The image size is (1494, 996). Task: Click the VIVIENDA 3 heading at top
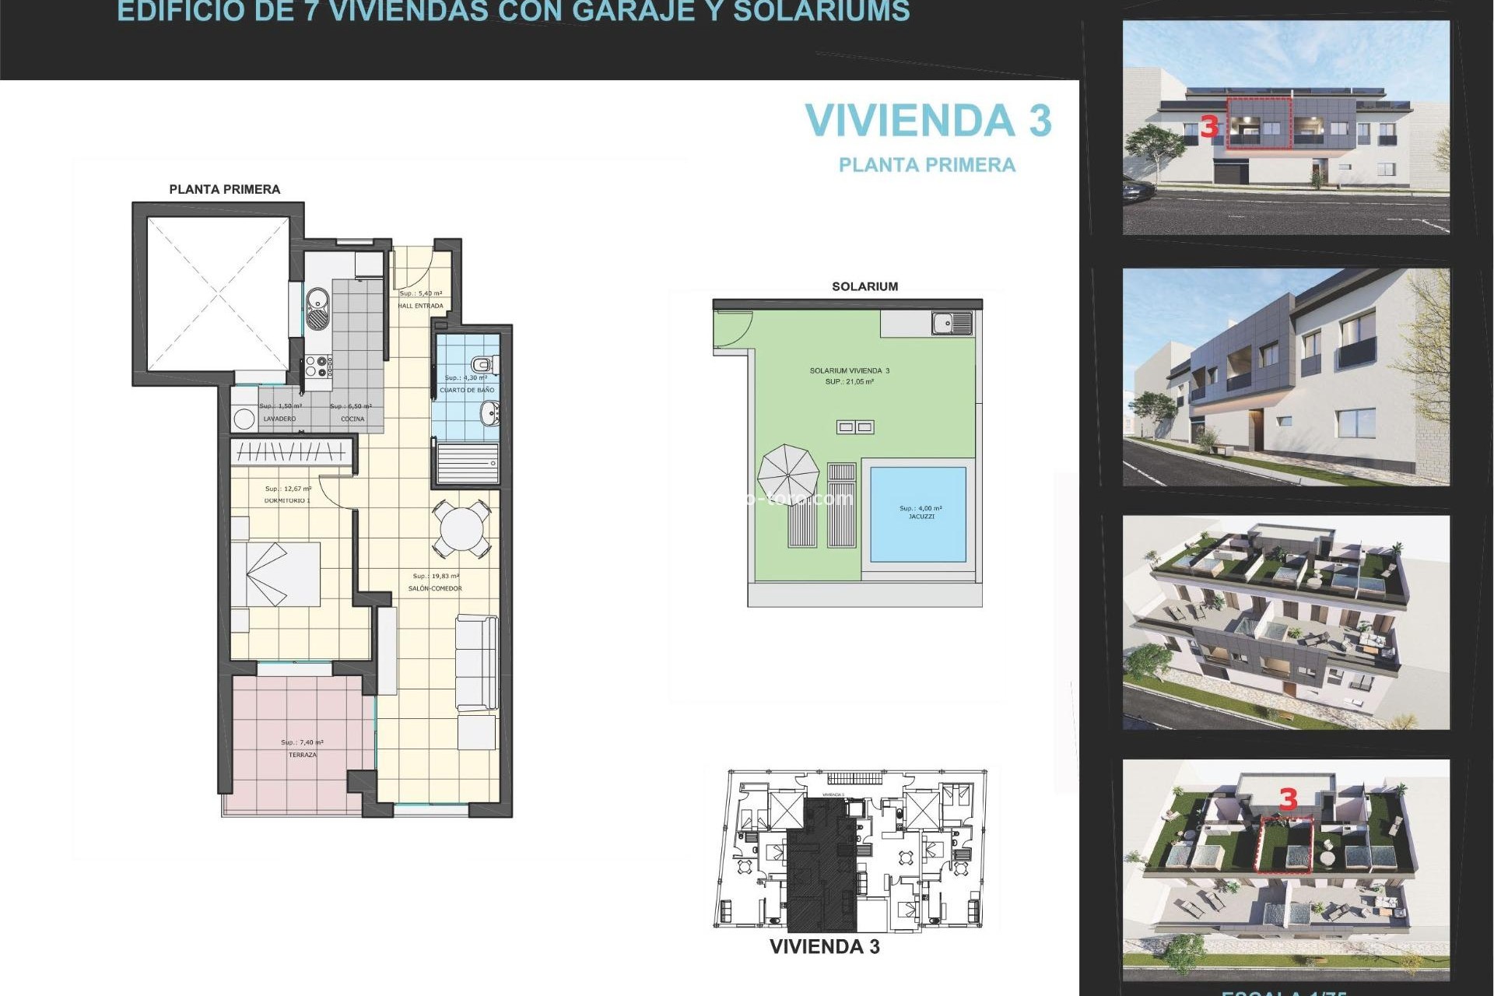(928, 121)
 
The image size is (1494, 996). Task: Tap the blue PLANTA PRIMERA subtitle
(927, 165)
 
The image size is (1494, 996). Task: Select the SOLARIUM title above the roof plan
(864, 286)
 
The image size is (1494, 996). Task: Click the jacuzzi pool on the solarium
(918, 514)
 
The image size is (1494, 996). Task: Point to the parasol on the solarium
(788, 473)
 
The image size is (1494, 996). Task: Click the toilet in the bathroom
(482, 363)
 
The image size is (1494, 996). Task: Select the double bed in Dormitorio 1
(276, 574)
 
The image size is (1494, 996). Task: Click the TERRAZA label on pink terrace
(303, 755)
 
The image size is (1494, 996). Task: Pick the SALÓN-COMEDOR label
(435, 588)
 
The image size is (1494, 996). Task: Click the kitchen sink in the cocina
(317, 308)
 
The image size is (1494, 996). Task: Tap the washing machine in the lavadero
(244, 419)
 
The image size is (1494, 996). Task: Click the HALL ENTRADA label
(420, 306)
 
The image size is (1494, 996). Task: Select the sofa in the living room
(476, 661)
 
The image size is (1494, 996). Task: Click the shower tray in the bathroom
(467, 463)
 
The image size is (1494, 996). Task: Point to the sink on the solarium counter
(951, 322)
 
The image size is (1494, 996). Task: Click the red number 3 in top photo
(1208, 126)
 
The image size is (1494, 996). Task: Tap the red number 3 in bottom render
(1289, 799)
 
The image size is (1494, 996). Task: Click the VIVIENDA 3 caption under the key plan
(824, 947)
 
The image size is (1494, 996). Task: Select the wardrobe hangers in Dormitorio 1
(290, 451)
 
